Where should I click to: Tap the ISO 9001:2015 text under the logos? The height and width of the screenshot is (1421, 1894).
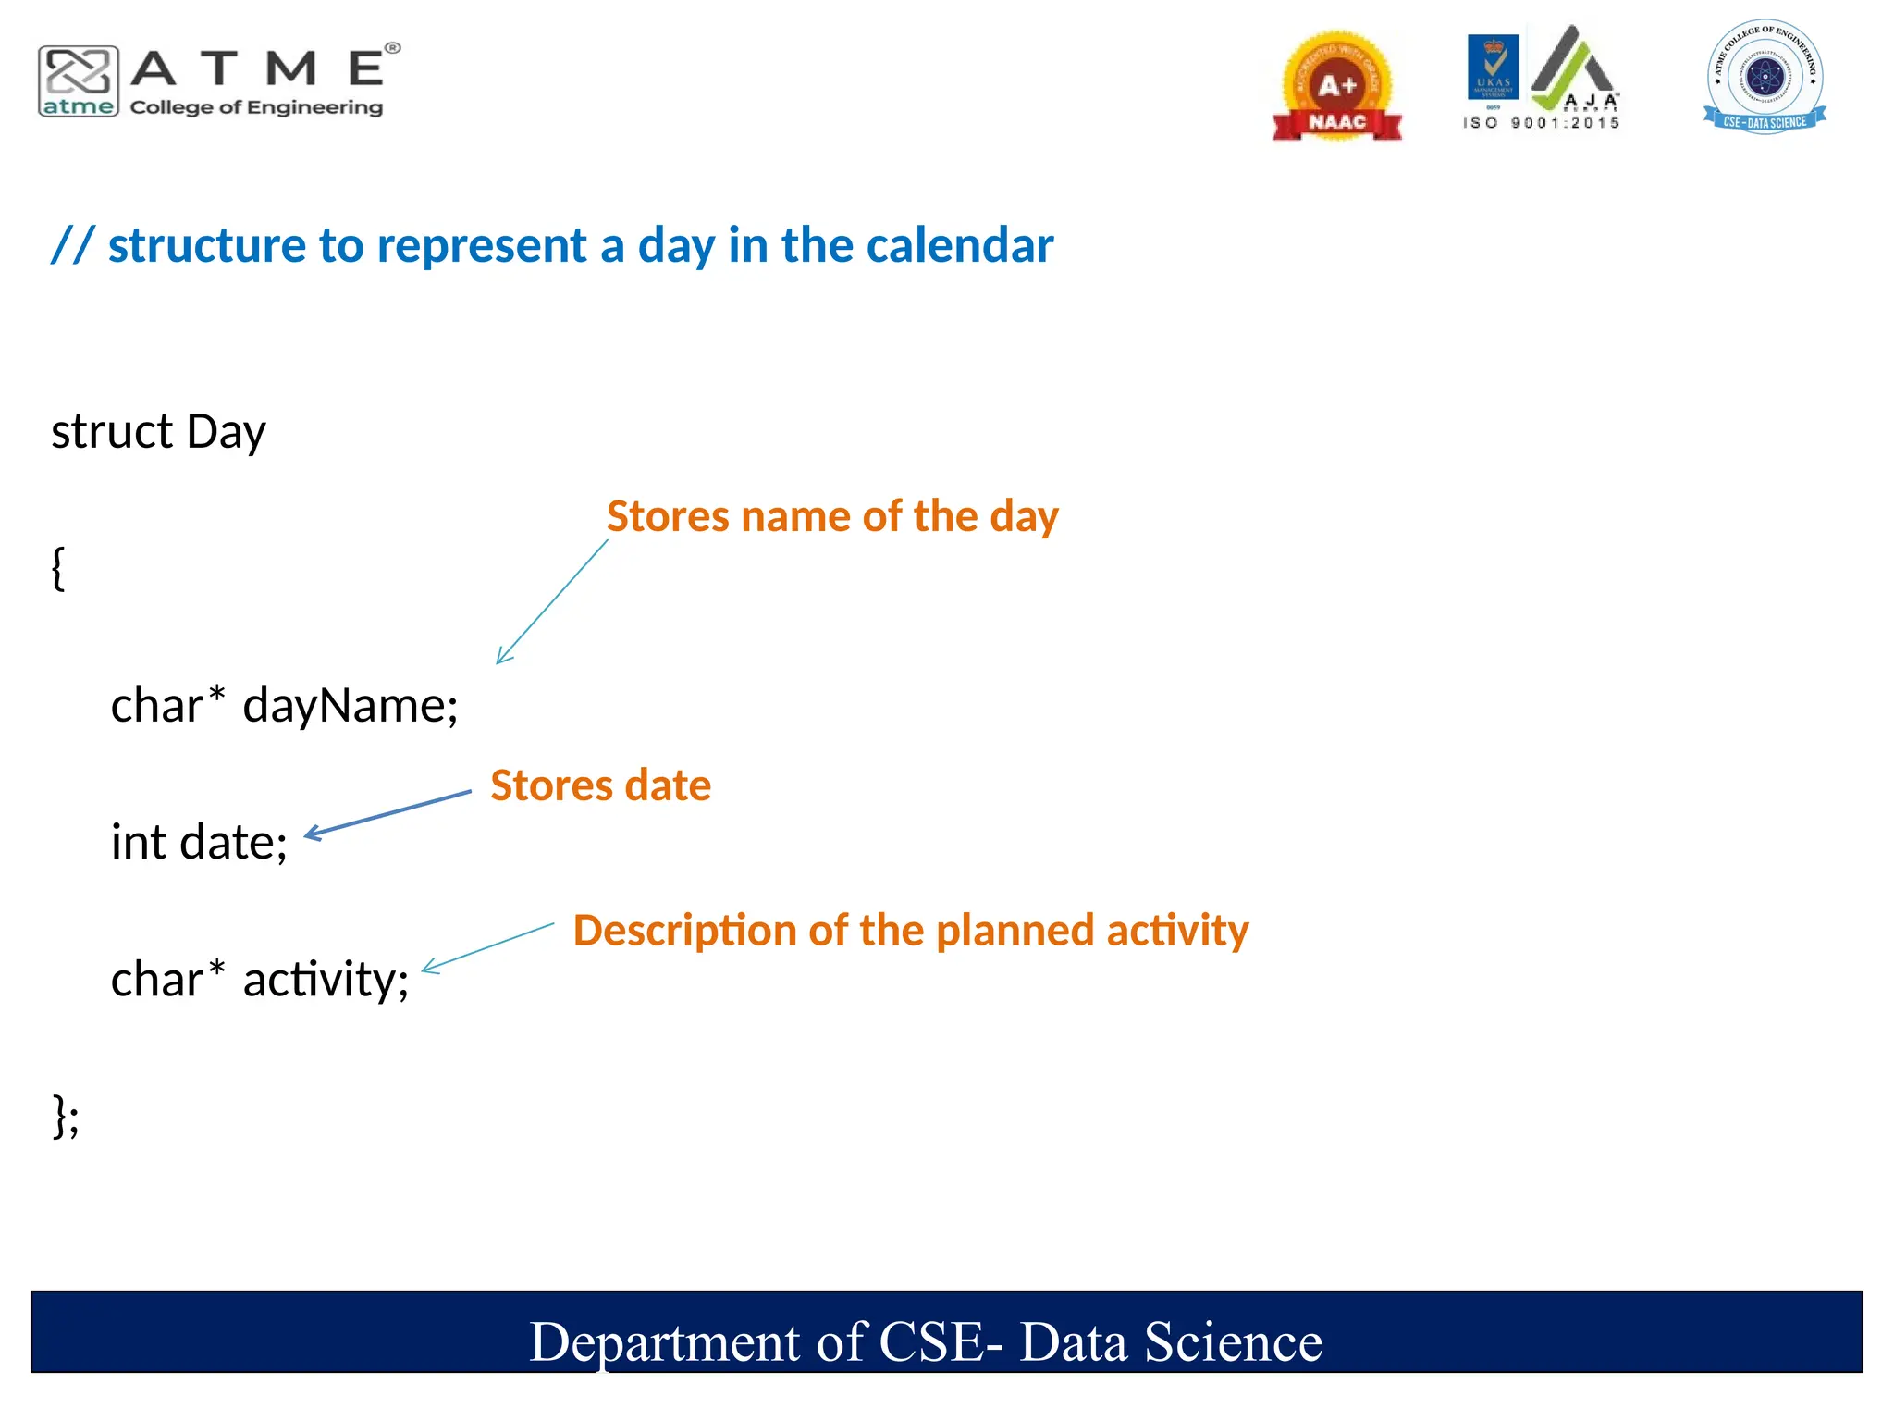coord(1541,123)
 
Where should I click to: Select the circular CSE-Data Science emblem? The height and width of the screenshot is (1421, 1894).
coord(1765,76)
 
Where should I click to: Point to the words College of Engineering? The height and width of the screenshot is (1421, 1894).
coord(256,107)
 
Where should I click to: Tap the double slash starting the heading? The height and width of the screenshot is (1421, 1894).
coord(72,246)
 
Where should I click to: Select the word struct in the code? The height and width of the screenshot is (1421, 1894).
coord(112,432)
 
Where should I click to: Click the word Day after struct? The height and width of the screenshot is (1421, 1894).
coord(226,432)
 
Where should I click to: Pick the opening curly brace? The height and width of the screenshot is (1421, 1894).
coord(58,567)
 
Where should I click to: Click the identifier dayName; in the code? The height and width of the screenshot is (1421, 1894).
coord(351,706)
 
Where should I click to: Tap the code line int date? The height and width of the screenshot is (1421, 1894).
coord(199,843)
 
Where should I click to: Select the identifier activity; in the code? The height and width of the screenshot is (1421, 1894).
coord(326,980)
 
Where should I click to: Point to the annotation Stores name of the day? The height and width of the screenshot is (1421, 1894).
coord(831,516)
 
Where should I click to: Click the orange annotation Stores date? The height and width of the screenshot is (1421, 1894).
coord(600,785)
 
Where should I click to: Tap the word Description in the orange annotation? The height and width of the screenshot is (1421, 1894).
coord(684,931)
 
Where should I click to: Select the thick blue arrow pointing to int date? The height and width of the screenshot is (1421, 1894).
coord(388,814)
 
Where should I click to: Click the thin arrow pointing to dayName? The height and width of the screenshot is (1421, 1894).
coord(552,602)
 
